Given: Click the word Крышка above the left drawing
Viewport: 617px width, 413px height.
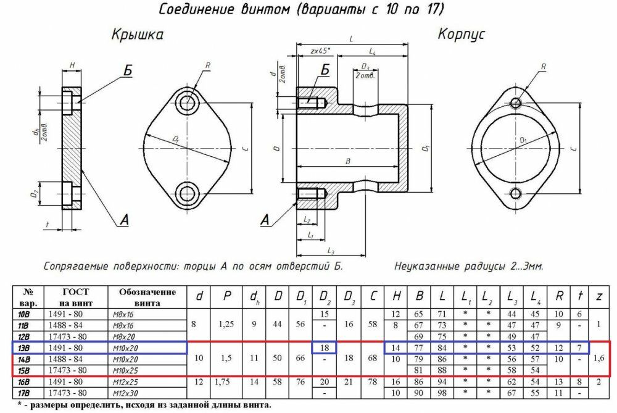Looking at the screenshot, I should [x=138, y=35].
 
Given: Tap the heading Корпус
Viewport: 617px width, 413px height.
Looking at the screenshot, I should [x=462, y=33].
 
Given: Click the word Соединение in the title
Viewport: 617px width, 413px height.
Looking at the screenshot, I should [x=197, y=9].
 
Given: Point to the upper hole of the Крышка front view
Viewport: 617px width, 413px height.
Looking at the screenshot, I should [x=187, y=101].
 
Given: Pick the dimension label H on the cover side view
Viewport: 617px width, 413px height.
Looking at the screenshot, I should [x=72, y=65].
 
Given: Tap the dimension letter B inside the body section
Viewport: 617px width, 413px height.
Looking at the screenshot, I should [x=348, y=162].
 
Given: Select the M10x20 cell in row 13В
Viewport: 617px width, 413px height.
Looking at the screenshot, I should [x=127, y=348].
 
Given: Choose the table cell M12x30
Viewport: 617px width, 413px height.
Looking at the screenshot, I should [x=127, y=393].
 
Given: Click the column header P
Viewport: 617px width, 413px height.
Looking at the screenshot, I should [x=227, y=297].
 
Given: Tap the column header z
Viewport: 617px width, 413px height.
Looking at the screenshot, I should [x=598, y=297].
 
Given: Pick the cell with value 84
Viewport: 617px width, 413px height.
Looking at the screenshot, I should [x=442, y=348].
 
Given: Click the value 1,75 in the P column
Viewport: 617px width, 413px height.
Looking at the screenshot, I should [x=227, y=382].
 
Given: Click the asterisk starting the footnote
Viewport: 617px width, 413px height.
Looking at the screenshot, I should [x=20, y=405].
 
